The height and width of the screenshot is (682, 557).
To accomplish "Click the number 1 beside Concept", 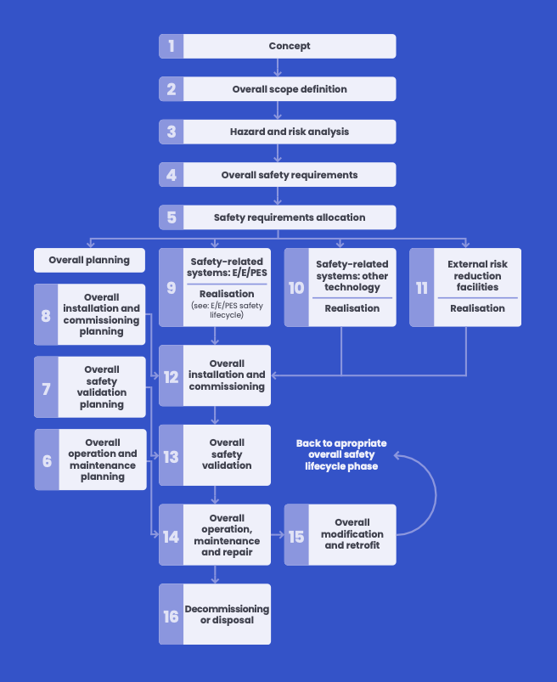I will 171,46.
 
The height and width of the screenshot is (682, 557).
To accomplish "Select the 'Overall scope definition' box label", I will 290,89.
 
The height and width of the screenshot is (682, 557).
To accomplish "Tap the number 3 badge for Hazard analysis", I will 171,132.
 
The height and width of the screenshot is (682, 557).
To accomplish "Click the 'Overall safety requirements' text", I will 290,175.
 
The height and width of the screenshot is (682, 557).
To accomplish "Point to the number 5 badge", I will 171,217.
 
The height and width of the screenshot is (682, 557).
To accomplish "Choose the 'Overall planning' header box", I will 89,260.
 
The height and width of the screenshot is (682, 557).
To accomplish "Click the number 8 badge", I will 46,314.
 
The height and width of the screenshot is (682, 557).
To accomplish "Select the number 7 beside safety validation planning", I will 46,387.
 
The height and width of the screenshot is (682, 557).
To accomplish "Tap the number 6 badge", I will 46,459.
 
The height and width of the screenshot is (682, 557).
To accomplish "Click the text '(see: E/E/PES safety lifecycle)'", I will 227,310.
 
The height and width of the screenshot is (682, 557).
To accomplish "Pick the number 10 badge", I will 296,288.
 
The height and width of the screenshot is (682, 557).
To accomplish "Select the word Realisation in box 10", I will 352,308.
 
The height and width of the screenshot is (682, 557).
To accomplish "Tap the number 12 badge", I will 171,375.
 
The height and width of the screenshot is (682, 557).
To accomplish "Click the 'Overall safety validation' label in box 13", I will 227,454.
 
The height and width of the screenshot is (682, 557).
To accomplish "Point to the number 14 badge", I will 171,535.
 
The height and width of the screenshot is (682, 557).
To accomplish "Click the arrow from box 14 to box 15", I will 277,535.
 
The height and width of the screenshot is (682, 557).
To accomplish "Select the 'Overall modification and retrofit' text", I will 352,534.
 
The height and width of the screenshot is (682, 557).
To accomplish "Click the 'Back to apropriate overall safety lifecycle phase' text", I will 341,455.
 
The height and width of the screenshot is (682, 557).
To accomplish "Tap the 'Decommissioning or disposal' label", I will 227,614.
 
